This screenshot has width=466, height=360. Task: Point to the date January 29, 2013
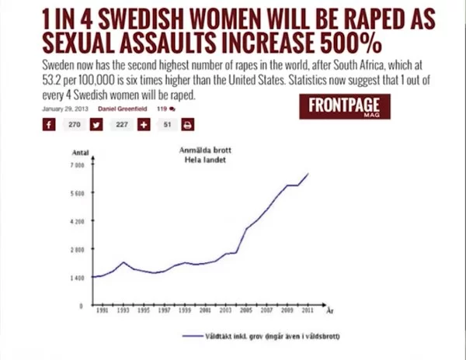63,109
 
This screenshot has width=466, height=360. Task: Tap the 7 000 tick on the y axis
76,165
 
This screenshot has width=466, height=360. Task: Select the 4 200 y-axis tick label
76,221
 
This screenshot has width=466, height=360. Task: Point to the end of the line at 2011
308,174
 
